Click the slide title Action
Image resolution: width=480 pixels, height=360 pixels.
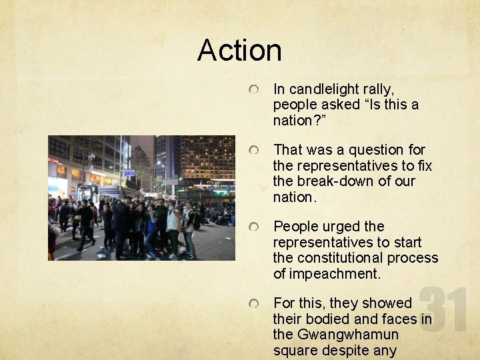coord(239,51)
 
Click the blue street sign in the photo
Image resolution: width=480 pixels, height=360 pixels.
coord(129,173)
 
